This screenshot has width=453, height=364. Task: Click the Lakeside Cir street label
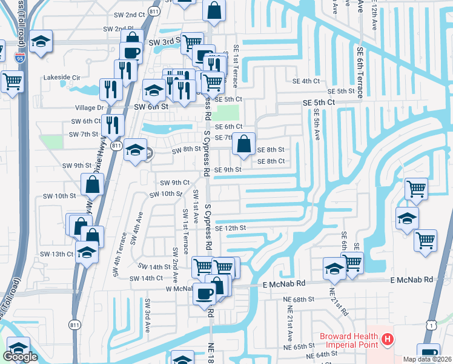62,78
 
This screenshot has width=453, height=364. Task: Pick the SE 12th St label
230,228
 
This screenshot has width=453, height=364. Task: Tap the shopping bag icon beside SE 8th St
243,144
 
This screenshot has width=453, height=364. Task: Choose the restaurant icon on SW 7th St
113,125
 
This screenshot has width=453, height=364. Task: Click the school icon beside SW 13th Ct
88,252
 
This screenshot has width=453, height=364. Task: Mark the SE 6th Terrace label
360,73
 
